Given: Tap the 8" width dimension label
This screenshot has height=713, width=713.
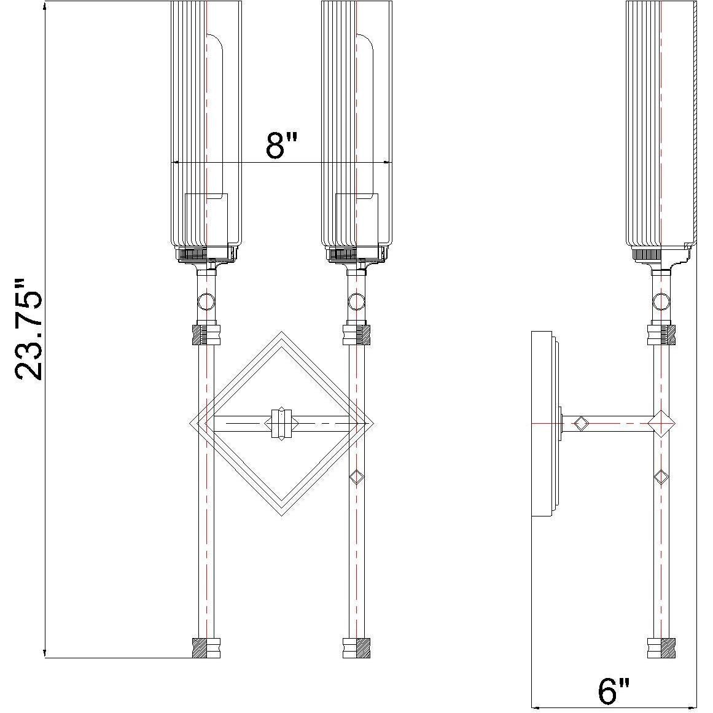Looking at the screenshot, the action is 281,146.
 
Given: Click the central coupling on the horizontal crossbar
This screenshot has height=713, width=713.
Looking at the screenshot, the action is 281,423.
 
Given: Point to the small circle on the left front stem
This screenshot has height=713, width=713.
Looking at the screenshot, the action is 206,301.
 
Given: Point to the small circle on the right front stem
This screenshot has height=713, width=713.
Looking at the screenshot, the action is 356,301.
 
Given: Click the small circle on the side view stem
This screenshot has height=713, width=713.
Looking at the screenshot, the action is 661,301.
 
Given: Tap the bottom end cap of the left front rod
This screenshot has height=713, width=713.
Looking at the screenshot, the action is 206,648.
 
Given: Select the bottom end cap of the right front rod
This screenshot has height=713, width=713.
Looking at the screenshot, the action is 356,648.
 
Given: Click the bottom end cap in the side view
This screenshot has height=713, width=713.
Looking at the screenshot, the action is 661,648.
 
